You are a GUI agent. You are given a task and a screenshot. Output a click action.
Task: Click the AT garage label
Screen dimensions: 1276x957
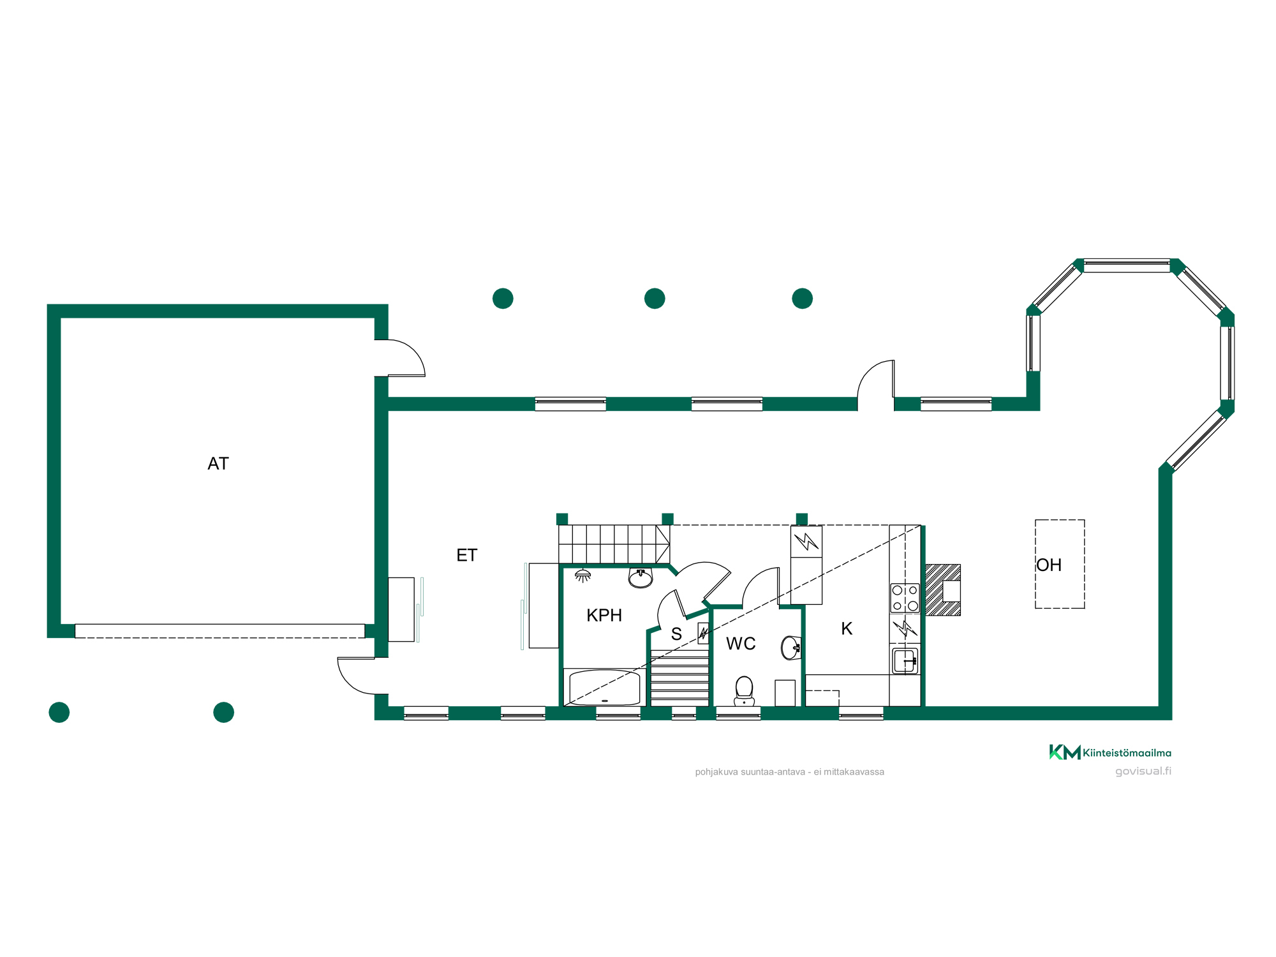[218, 464]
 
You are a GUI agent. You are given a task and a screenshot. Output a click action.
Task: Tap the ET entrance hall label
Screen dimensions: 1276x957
[467, 556]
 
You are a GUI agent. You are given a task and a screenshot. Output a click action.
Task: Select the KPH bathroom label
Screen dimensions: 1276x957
[604, 616]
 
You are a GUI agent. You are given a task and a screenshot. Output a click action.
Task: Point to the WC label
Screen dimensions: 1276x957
[741, 644]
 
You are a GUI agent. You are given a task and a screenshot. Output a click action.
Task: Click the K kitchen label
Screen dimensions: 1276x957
[847, 629]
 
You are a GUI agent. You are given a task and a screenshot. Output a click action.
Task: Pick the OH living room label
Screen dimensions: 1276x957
[1050, 565]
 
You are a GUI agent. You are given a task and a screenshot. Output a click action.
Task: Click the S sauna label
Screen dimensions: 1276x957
[676, 634]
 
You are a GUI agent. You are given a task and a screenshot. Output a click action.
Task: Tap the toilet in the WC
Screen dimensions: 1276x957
[744, 691]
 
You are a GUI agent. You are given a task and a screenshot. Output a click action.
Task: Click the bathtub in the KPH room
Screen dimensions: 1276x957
[604, 687]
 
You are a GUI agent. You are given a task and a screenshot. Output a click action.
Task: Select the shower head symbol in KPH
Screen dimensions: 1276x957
[582, 576]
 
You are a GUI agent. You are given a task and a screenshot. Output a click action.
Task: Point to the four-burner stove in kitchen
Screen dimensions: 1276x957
[905, 598]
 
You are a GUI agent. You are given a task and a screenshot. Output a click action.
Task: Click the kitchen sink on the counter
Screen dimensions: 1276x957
[905, 660]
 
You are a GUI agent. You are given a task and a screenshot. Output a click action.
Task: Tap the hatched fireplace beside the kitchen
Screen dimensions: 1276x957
[942, 590]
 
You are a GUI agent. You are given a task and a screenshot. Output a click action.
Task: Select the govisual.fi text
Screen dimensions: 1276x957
[1143, 771]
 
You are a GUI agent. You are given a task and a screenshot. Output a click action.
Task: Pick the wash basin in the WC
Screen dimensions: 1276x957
[791, 648]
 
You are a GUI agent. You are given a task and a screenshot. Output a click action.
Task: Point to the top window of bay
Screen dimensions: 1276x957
[1127, 265]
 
